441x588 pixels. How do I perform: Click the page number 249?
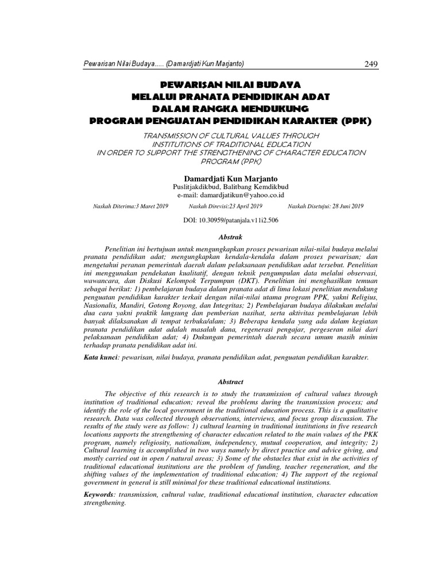[370, 63]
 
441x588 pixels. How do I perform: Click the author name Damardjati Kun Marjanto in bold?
[220, 178]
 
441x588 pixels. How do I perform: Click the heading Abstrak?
[220, 237]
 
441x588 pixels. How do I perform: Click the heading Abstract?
[220, 381]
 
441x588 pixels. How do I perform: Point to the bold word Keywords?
[100, 494]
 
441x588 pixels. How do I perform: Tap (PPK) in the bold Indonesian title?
[357, 121]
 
